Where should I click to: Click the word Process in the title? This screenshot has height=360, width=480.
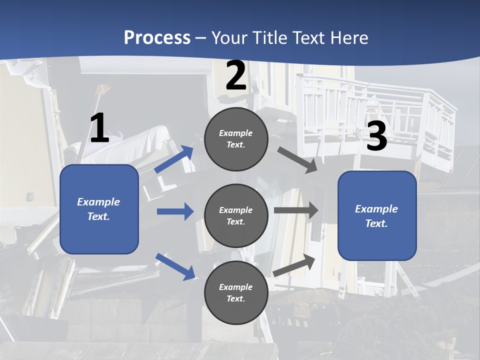click(157, 38)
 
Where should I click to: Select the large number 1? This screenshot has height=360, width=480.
click(99, 128)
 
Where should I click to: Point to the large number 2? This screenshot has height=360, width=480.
click(236, 76)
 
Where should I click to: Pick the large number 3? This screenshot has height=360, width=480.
click(376, 136)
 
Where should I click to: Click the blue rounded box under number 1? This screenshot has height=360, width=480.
click(99, 209)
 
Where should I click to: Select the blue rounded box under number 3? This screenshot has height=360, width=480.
click(377, 216)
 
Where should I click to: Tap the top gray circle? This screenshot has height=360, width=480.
click(236, 139)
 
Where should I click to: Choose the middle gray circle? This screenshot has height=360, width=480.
click(236, 216)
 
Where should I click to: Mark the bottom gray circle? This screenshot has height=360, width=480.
click(236, 292)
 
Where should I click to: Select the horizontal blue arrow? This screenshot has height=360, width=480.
click(175, 211)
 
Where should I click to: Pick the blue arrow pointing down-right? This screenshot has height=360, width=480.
click(175, 266)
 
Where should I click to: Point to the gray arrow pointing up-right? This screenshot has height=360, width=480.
click(294, 265)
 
